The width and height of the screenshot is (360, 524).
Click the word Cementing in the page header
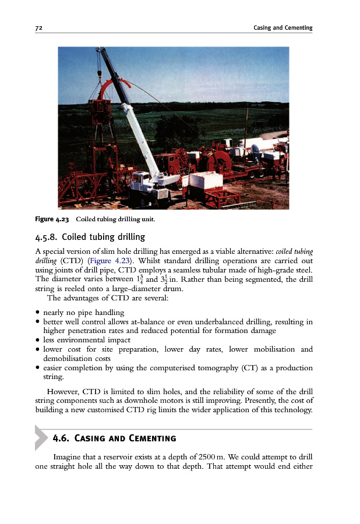click(298, 28)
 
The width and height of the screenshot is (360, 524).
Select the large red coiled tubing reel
click(218, 158)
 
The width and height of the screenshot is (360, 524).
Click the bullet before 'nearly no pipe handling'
click(37, 313)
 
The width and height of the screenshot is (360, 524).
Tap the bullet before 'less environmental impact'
click(37, 340)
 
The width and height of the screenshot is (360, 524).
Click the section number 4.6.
click(60, 438)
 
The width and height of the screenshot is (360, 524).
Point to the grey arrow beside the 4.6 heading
click(41, 437)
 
